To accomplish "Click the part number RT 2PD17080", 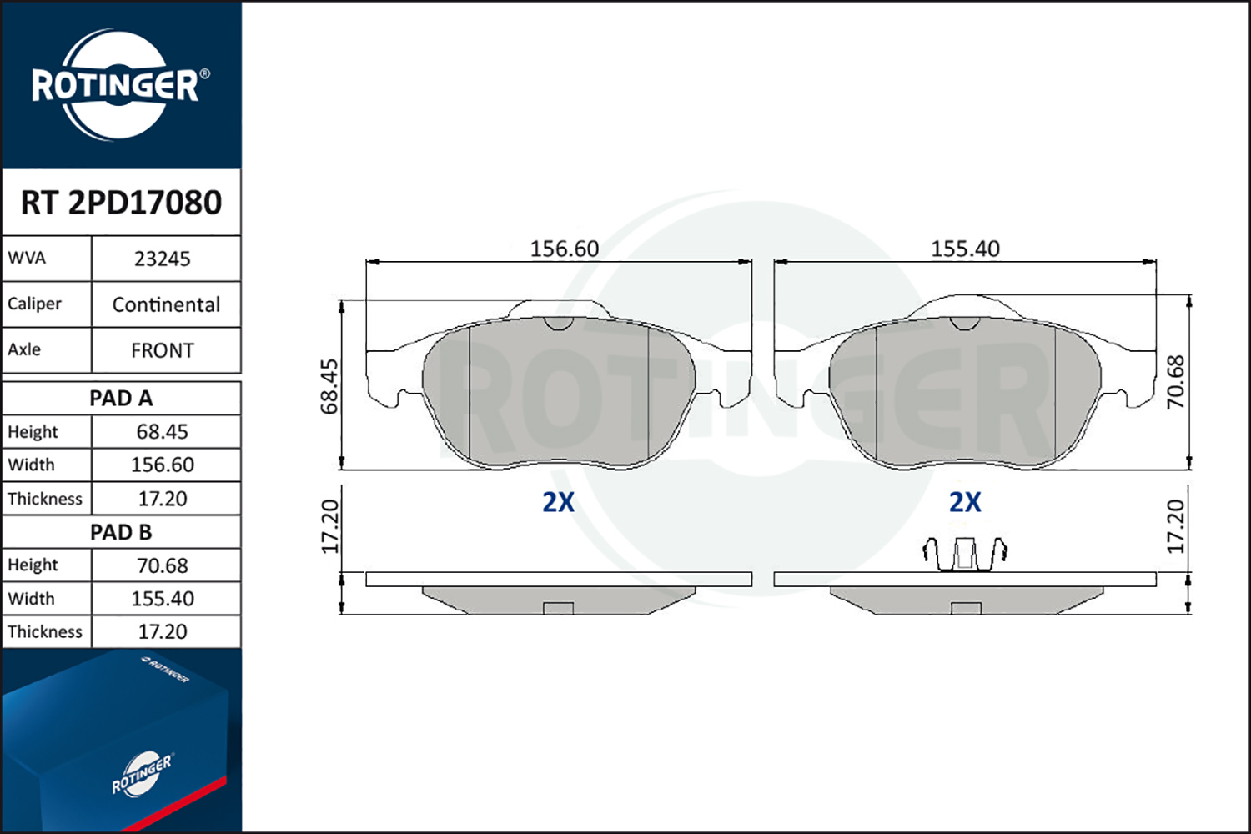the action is point(121,202).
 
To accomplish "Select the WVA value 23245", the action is point(163,259).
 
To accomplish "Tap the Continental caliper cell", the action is point(166,305).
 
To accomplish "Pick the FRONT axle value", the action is point(163,351).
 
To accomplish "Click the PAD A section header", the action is point(121,399).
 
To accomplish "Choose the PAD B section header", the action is point(121,532).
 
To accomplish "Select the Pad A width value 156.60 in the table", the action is point(163,465).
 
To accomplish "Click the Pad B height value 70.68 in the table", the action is point(163,565).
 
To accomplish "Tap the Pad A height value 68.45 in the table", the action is point(163,432).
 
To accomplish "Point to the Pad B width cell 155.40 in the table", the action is point(163,599).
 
